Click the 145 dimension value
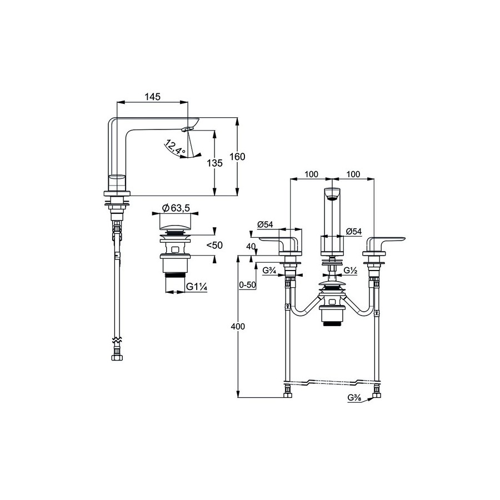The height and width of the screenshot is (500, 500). pos(152,97)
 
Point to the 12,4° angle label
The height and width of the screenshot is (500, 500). pos(176,148)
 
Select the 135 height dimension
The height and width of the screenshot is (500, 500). pos(214,163)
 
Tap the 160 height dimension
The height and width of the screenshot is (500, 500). pos(237,157)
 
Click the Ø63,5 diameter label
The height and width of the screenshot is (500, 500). pos(176,208)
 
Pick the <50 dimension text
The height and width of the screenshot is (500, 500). pos(214,245)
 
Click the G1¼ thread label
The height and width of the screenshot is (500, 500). pos(197,286)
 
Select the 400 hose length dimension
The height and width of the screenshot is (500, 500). pos(238,327)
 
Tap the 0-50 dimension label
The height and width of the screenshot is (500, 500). pos(248,285)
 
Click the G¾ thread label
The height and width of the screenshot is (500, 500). pos(269,271)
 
